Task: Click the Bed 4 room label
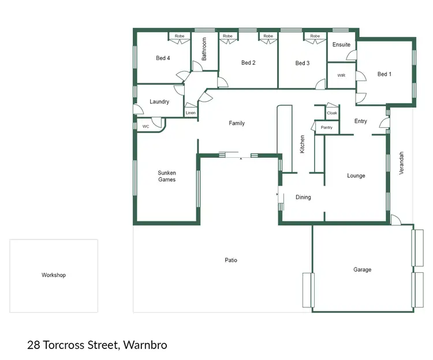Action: coord(163,58)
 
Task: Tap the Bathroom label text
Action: coord(204,49)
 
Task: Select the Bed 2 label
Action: coord(248,62)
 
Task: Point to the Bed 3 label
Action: coord(303,63)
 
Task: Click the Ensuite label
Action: coord(341,44)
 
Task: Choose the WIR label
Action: coord(341,75)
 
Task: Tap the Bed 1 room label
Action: coord(385,74)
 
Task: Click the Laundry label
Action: coord(159,102)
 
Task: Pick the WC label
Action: coord(145,126)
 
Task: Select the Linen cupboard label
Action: coord(191,113)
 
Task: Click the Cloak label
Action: coord(332,113)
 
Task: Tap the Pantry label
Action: coord(327,127)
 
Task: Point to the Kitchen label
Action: coord(302,144)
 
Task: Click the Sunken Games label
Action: coord(167,176)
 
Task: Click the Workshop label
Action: coord(54,275)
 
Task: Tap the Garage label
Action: coord(363,269)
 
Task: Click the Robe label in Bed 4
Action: coord(180,36)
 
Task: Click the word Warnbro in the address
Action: coord(145,346)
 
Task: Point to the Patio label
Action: coord(231,260)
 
